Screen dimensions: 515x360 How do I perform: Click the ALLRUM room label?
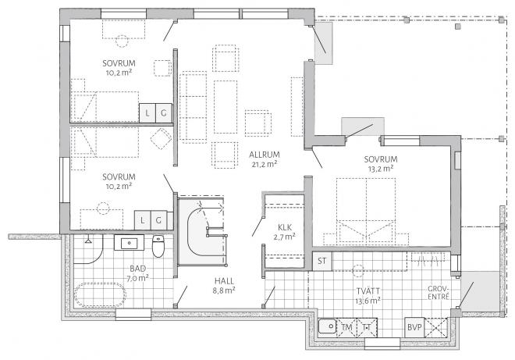point(265,155)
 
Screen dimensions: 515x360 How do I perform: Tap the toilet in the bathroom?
point(158,246)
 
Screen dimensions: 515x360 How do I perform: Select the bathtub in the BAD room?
point(100,294)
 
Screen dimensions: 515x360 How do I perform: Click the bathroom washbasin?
point(129,243)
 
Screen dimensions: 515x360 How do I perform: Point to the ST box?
point(321,261)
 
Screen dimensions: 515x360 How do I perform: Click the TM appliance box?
point(346,327)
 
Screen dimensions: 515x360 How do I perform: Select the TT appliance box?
point(367,327)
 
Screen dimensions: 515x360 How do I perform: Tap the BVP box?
point(414,327)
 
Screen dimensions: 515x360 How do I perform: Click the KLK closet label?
point(285,227)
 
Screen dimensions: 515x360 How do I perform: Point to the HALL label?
point(224,281)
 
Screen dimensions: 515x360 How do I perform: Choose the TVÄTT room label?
point(368,291)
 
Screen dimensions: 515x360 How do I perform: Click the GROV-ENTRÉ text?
point(439,293)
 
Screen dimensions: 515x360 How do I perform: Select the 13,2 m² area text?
point(381,169)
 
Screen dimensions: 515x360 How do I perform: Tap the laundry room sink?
point(328,326)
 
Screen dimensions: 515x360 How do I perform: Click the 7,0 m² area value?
point(138,278)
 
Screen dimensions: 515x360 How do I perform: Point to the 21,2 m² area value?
point(265,164)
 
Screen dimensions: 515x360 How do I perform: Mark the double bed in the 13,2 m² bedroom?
point(366,212)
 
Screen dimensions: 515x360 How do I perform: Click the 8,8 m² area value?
point(224,290)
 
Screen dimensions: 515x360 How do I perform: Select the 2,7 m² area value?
point(285,237)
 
